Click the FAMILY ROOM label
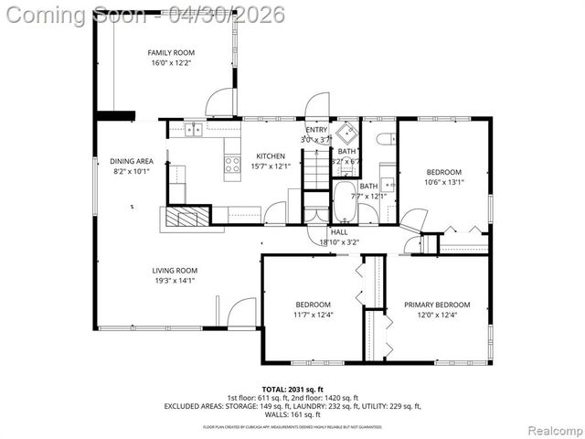click(x=172, y=53)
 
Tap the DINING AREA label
click(x=132, y=161)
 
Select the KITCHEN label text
click(x=271, y=155)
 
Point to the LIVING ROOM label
click(x=174, y=271)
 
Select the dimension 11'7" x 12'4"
click(x=313, y=316)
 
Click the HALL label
click(x=339, y=232)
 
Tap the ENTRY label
click(x=316, y=130)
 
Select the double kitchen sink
click(x=194, y=130)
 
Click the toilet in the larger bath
click(x=384, y=139)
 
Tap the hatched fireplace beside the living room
click(x=186, y=216)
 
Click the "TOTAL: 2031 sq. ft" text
click(x=292, y=389)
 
